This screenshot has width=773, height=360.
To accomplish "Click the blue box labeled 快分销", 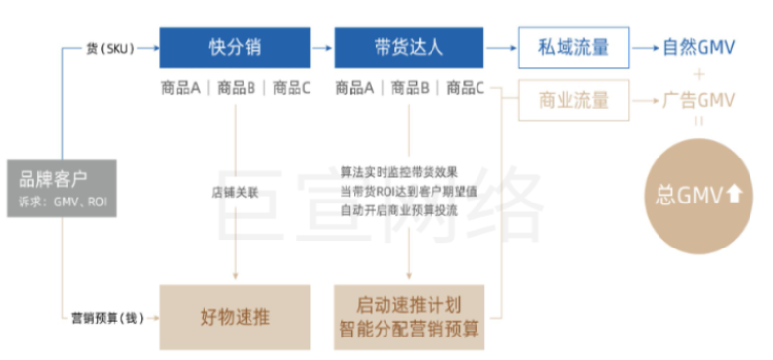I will pyautogui.click(x=235, y=47).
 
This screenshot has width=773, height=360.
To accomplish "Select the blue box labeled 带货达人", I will pyautogui.click(x=409, y=47).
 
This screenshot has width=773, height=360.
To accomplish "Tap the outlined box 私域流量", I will pyautogui.click(x=573, y=47).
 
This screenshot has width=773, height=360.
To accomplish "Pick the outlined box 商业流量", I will pyautogui.click(x=573, y=100).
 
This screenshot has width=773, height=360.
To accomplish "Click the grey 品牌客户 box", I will pyautogui.click(x=61, y=188).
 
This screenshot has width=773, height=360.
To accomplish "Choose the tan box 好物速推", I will pyautogui.click(x=235, y=317).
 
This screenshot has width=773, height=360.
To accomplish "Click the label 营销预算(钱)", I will pyautogui.click(x=109, y=318).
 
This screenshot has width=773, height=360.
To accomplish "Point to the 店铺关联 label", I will pyautogui.click(x=235, y=192).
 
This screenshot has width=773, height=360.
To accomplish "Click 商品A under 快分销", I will pyautogui.click(x=181, y=88).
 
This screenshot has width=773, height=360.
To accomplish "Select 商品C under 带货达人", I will pyautogui.click(x=466, y=88).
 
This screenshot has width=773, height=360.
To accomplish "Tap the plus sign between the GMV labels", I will pyautogui.click(x=699, y=73).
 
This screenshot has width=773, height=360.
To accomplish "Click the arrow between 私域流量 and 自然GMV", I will pyautogui.click(x=645, y=47).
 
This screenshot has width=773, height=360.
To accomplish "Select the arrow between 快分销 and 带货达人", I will pyautogui.click(x=322, y=47).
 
